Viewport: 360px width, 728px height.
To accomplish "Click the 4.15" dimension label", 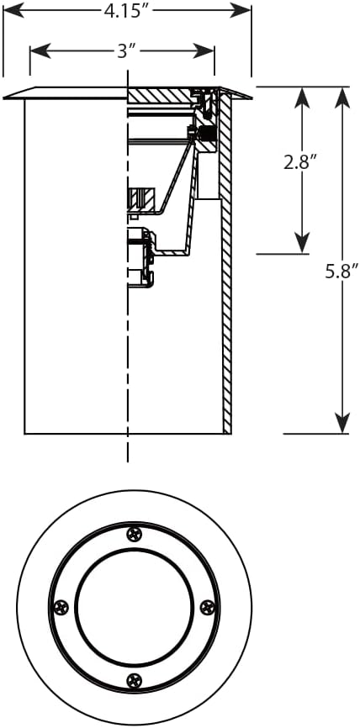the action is (x=123, y=11).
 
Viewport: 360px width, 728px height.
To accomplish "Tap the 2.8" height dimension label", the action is (x=300, y=162).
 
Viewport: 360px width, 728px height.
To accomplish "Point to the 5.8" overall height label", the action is (x=343, y=272).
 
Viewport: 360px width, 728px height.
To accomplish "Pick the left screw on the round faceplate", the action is (x=61, y=607).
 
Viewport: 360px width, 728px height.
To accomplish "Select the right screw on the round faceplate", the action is (x=207, y=607).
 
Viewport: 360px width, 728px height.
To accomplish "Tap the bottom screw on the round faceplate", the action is (x=135, y=680).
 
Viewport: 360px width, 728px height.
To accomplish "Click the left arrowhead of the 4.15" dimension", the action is (x=13, y=10).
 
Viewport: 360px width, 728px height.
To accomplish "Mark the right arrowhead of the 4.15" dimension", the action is (x=241, y=10).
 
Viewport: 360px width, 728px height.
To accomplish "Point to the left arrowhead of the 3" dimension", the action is (x=40, y=51).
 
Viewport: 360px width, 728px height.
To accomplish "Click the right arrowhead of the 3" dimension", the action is (x=204, y=51).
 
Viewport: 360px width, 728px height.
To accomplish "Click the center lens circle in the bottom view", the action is (x=134, y=607).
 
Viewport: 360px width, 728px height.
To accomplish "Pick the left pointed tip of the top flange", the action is (x=3, y=98).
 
